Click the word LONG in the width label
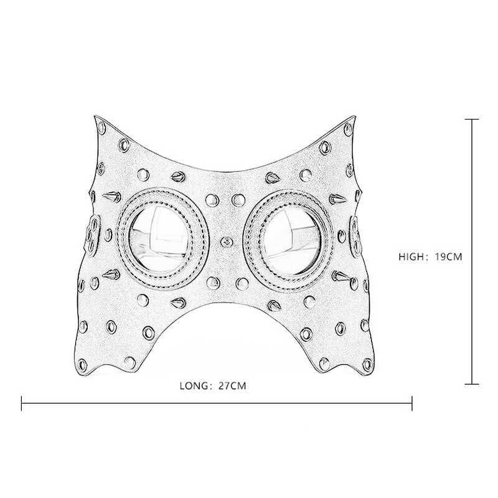point(192,386)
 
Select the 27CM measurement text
point(232,386)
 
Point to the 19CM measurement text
point(448,256)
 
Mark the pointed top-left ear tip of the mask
point(95,118)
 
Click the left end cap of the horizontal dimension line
point(22,403)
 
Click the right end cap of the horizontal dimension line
point(412,403)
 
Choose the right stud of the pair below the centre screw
point(240,284)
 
